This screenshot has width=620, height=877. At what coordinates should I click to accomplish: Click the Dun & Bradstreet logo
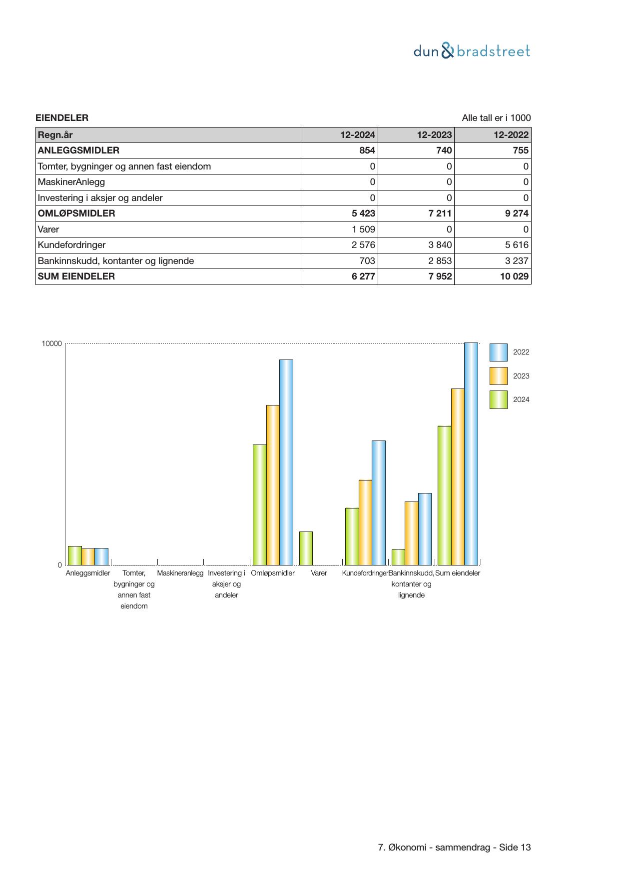(x=472, y=51)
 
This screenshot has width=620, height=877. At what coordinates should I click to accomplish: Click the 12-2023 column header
(x=435, y=135)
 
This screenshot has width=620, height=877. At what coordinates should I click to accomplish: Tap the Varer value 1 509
(x=364, y=229)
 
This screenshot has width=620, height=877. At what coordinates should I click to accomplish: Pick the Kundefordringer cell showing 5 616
(x=517, y=245)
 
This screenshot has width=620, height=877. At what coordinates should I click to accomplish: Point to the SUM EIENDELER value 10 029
(x=514, y=276)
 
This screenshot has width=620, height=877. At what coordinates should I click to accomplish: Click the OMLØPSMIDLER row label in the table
(x=76, y=213)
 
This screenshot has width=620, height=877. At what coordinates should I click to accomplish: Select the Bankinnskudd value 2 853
(x=440, y=261)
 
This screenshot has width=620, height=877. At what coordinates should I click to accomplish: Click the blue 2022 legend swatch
(x=498, y=352)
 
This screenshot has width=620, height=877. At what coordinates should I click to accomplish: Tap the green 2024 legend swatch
(x=498, y=399)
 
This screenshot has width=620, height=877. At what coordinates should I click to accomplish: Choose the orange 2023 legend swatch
(x=498, y=376)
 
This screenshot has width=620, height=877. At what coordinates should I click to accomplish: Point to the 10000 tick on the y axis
(x=52, y=343)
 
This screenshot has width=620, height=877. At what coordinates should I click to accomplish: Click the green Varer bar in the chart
(x=306, y=548)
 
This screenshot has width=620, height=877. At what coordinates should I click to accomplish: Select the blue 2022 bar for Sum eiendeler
(x=471, y=453)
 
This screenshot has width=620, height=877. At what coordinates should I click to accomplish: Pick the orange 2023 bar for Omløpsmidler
(x=273, y=485)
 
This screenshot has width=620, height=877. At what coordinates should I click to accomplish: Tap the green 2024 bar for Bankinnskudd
(x=398, y=557)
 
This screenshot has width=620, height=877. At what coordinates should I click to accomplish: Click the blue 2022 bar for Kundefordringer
(x=379, y=502)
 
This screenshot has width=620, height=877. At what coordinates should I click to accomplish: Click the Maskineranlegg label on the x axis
(x=180, y=573)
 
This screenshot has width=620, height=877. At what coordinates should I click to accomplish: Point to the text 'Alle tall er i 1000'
(x=496, y=118)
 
